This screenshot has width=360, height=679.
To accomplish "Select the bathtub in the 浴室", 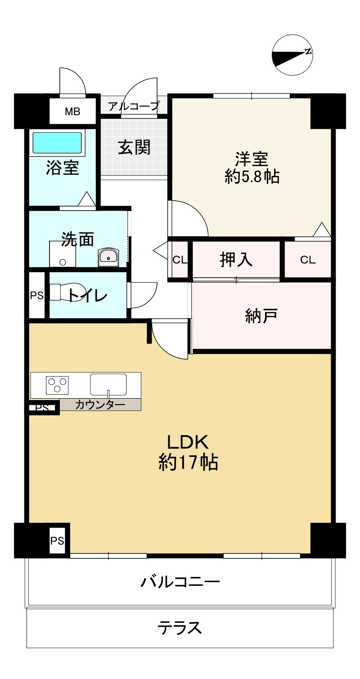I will pyautogui.click(x=57, y=143).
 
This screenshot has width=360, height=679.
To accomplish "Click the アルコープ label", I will pyautogui.click(x=134, y=107).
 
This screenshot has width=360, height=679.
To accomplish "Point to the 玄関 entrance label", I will pyautogui.click(x=134, y=147).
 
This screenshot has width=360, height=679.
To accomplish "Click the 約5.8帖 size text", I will pyautogui.click(x=252, y=177).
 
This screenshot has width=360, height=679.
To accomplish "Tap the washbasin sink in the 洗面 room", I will pyautogui.click(x=108, y=257).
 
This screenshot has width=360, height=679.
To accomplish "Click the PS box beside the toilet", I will pyautogui.click(x=37, y=296).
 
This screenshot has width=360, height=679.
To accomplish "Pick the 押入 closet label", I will pyautogui.click(x=236, y=260).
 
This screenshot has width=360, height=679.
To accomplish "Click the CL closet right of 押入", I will pyautogui.click(x=308, y=260).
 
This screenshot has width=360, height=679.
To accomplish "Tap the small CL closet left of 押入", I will pyautogui.click(x=180, y=260).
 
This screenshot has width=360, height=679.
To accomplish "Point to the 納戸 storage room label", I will pyautogui.click(x=261, y=316).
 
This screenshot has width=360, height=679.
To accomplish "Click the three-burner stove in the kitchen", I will pyautogui.click(x=58, y=385).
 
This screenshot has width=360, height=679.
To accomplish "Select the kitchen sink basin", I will pyautogui.click(x=108, y=384).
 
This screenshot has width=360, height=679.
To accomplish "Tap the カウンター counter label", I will pyautogui.click(x=100, y=405).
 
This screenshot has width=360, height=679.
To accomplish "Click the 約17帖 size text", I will pyautogui.click(x=188, y=462).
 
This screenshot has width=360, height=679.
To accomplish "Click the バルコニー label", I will pyautogui.click(x=180, y=582).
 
